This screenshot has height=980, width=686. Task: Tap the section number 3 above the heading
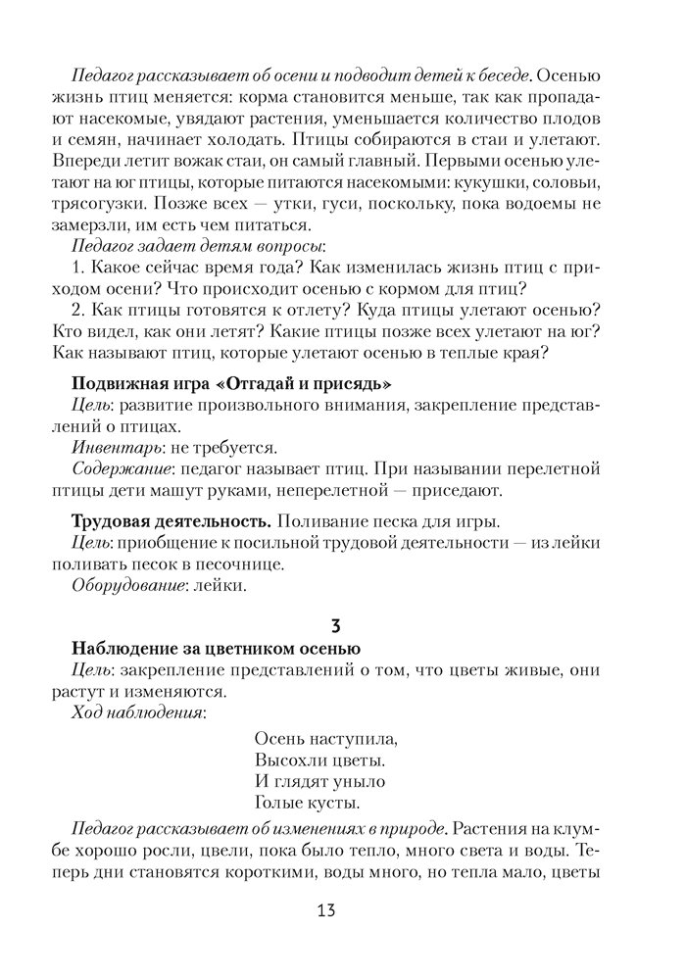(336, 623)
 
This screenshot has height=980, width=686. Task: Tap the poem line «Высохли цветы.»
(318, 759)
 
